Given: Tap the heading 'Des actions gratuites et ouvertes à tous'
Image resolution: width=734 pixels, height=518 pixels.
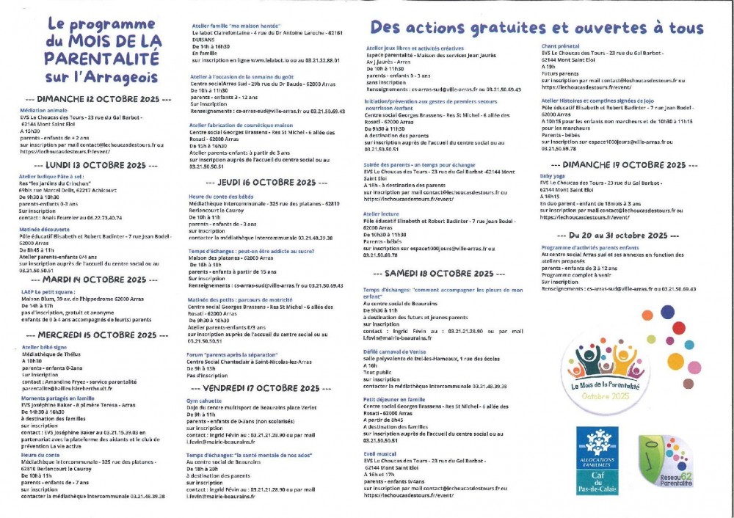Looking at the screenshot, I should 537,28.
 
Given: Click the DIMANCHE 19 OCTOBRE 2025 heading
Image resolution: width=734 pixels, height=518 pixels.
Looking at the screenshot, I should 618,165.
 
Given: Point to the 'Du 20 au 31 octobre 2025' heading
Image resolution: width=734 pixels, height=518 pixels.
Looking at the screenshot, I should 618,236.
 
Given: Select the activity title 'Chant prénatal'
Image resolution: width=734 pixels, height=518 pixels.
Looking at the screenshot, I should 557,45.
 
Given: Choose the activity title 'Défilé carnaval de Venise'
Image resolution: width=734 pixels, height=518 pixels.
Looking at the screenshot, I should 397,351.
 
